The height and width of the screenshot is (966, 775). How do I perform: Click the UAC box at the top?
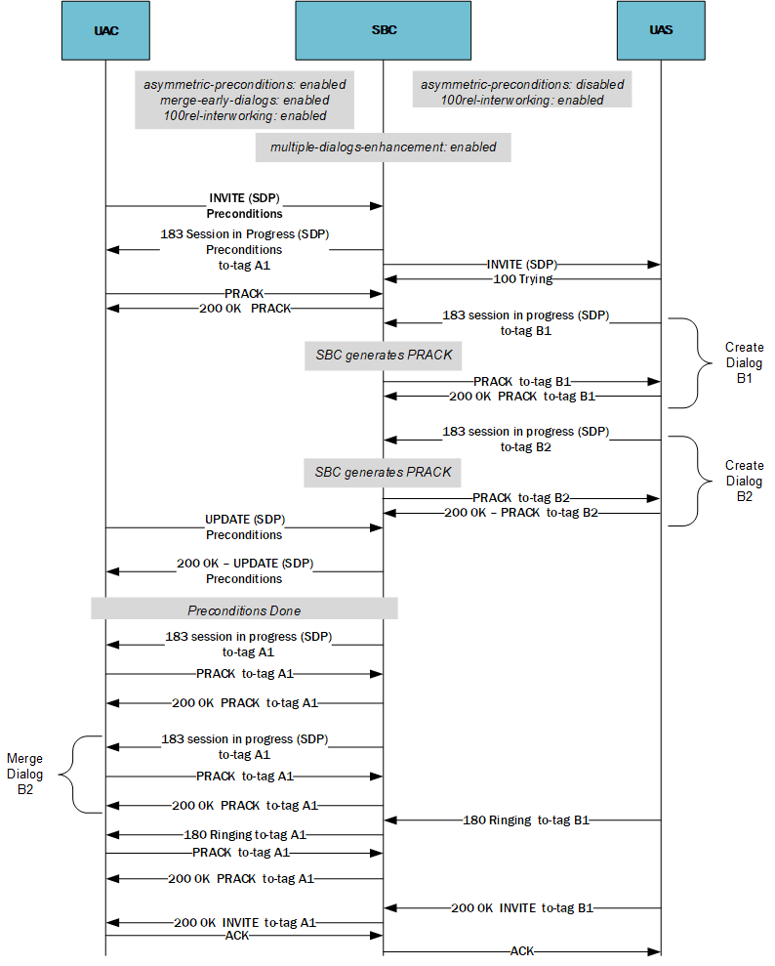pyautogui.click(x=105, y=30)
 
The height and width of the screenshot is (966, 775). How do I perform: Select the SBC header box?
pyautogui.click(x=384, y=30)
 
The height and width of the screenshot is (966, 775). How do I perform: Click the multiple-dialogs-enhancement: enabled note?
pyautogui.click(x=384, y=147)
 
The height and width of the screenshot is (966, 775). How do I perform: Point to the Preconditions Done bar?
pyautogui.click(x=244, y=609)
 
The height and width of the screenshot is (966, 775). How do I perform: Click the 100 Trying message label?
pyautogui.click(x=522, y=279)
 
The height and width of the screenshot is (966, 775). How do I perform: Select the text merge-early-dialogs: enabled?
pyautogui.click(x=244, y=100)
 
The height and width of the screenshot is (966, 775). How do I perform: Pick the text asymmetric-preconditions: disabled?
pyautogui.click(x=522, y=84)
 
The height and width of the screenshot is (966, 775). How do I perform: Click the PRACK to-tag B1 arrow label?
pyautogui.click(x=522, y=381)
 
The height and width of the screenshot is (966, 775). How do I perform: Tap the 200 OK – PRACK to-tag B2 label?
pyautogui.click(x=521, y=513)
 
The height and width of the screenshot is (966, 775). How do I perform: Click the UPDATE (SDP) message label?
pyautogui.click(x=244, y=519)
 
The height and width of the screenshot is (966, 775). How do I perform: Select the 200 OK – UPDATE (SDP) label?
pyautogui.click(x=244, y=564)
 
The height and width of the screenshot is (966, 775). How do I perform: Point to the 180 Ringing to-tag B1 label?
pyautogui.click(x=522, y=820)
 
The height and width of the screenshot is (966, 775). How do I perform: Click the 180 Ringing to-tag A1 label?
pyautogui.click(x=244, y=835)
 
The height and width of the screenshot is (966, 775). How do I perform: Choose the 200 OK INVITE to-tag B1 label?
pyautogui.click(x=522, y=907)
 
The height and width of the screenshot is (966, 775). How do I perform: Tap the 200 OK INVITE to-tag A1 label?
pyautogui.click(x=244, y=922)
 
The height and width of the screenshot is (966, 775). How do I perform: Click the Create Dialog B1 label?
pyautogui.click(x=744, y=363)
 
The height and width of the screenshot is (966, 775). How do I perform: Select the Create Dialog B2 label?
pyautogui.click(x=744, y=481)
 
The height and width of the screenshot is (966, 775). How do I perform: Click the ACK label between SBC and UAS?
pyautogui.click(x=522, y=950)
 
